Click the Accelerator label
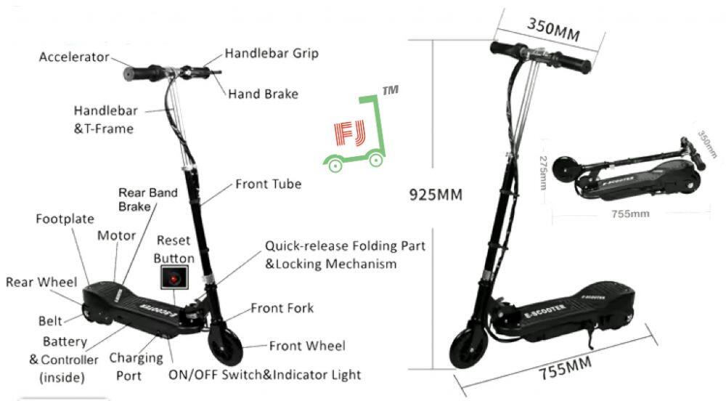click(75, 57)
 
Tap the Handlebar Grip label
click(271, 53)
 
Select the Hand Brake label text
click(263, 94)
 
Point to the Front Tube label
click(268, 184)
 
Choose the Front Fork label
click(282, 308)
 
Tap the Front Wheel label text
click(307, 346)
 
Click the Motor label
click(116, 235)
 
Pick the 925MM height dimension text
click(436, 195)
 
